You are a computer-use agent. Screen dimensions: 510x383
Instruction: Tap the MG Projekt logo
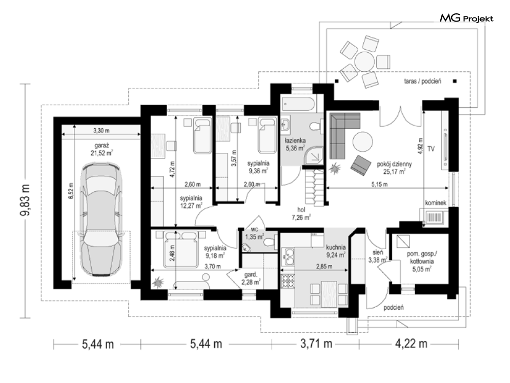coord(466,18)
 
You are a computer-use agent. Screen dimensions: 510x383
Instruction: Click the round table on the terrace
coord(365,61)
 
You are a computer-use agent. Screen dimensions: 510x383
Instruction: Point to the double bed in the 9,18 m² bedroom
coord(181,249)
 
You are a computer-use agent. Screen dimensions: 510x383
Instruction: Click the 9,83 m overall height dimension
coord(25,200)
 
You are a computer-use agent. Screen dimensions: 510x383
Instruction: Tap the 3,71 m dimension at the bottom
coord(316,344)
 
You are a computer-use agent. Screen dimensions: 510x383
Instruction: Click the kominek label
coord(436,203)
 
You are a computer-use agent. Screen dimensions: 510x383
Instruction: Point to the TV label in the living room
coord(431,149)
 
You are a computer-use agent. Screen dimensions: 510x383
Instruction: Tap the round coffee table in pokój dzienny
coord(363,141)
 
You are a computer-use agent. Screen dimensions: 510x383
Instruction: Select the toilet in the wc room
coord(269,243)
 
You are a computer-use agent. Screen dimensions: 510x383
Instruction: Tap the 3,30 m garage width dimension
coord(101,131)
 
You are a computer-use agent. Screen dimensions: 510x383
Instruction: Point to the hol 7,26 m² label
coord(301,214)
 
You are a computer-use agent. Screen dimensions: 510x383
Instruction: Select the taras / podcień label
coord(422,82)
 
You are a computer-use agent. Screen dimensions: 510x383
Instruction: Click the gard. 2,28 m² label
coord(250,279)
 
